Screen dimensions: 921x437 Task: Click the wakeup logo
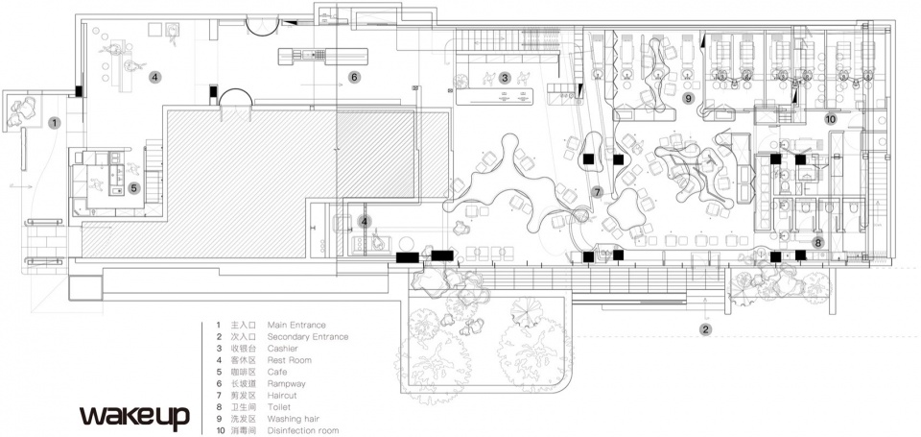[134, 417]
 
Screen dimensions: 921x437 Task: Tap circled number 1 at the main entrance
[55, 123]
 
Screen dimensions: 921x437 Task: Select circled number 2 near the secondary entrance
[706, 329]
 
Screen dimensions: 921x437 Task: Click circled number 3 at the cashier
[505, 77]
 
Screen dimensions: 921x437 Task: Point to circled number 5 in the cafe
[134, 188]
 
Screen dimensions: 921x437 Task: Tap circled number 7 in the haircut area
[598, 192]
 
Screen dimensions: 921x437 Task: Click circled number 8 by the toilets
[818, 242]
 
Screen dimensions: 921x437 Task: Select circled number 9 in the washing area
[689, 98]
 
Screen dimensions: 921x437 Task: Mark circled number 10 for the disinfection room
[830, 119]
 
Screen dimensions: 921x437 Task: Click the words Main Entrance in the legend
[296, 325]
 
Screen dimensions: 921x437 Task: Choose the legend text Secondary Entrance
[308, 337]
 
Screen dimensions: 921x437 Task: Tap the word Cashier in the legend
[282, 349]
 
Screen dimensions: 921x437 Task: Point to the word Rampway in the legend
[286, 384]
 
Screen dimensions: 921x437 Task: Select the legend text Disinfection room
[303, 430]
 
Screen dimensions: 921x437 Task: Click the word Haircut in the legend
[282, 396]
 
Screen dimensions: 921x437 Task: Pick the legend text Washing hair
[294, 420]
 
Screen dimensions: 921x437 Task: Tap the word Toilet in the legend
[279, 407]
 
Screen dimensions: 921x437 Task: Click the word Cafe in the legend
[277, 373]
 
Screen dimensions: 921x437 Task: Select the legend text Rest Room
[290, 360]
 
